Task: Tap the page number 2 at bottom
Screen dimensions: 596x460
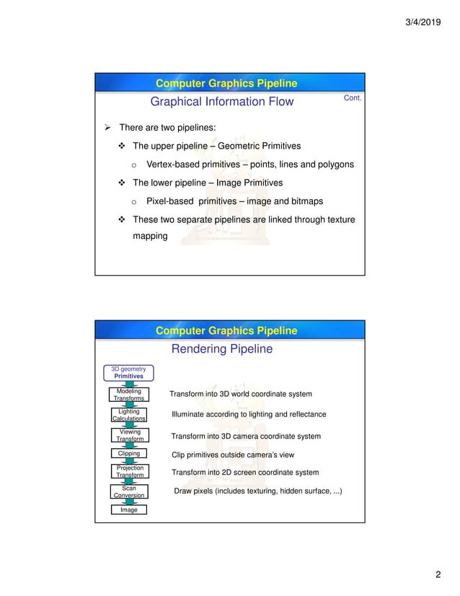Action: click(x=437, y=575)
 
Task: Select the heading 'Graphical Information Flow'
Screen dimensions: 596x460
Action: click(x=221, y=102)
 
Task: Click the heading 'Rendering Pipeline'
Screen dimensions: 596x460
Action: click(x=221, y=349)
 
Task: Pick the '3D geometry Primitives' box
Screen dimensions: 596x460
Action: click(x=128, y=372)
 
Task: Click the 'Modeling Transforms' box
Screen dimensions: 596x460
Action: click(x=128, y=395)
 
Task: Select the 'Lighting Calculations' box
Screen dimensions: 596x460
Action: click(x=128, y=415)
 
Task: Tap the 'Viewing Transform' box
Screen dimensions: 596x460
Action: click(x=128, y=435)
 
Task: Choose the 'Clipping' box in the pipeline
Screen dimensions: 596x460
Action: click(x=128, y=454)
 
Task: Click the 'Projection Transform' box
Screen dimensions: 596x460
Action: click(x=128, y=472)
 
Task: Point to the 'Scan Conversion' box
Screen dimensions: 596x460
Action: click(x=128, y=491)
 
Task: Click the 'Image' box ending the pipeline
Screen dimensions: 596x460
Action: click(x=128, y=510)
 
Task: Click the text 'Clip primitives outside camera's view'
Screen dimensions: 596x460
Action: click(x=233, y=455)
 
